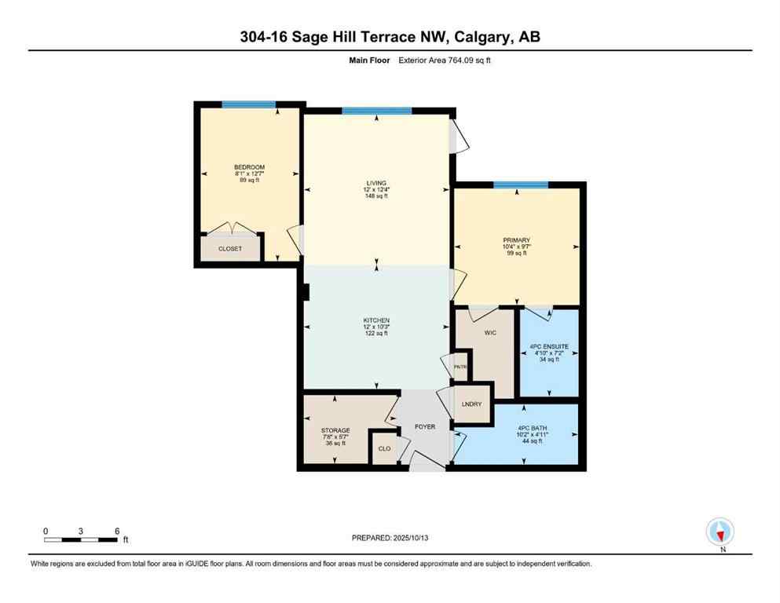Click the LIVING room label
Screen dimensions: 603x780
click(375, 183)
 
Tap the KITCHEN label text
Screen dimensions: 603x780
click(375, 320)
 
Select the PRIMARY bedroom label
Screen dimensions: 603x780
click(517, 240)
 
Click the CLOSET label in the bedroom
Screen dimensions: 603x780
click(230, 249)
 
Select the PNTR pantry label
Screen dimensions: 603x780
click(460, 367)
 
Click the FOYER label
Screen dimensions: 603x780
click(424, 427)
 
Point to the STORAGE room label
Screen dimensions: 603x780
click(335, 430)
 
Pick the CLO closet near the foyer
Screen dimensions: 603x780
click(384, 449)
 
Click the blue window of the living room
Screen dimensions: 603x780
click(376, 111)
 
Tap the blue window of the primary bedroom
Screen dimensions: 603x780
click(520, 185)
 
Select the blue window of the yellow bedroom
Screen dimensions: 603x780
click(248, 104)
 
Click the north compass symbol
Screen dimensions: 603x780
click(720, 532)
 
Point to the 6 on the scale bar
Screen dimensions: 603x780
click(117, 531)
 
